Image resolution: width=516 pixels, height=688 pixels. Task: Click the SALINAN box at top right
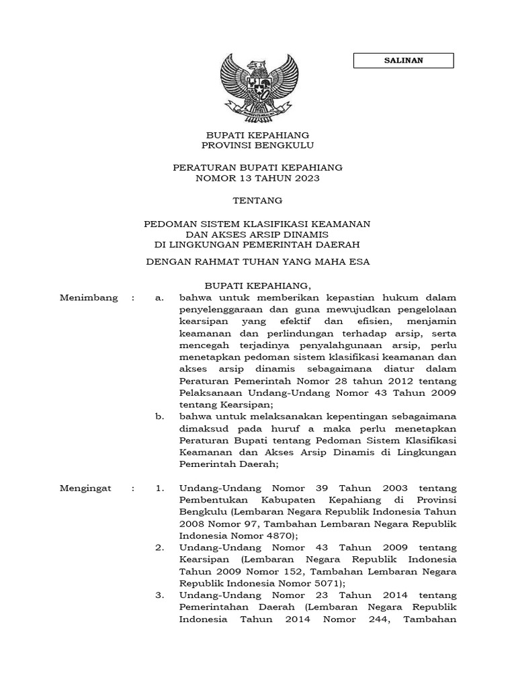click(403, 60)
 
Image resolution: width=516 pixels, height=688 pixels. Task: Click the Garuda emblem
click(257, 85)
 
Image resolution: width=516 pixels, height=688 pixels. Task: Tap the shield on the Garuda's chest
click(257, 86)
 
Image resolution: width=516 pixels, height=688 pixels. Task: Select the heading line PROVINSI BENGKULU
click(257, 145)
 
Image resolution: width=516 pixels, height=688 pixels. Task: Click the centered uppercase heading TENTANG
click(257, 200)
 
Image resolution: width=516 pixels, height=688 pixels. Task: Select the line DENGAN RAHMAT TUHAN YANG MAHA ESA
click(257, 262)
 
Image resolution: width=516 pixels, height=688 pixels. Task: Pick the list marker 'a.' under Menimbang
click(159, 297)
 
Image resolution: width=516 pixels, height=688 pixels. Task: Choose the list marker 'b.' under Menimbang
click(159, 417)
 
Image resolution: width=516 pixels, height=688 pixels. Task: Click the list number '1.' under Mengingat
click(159, 488)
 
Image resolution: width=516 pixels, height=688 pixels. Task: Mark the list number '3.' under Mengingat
click(159, 595)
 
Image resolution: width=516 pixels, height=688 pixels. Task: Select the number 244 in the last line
click(375, 619)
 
